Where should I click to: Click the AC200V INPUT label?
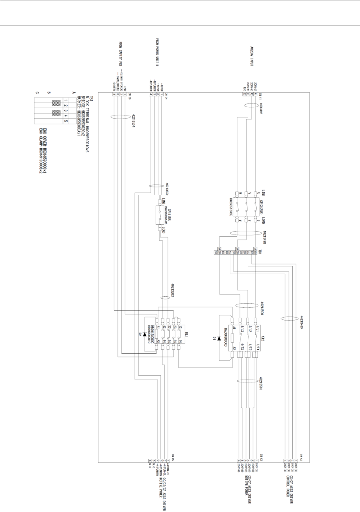click(252, 58)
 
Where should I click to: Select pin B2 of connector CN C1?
click(245, 95)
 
